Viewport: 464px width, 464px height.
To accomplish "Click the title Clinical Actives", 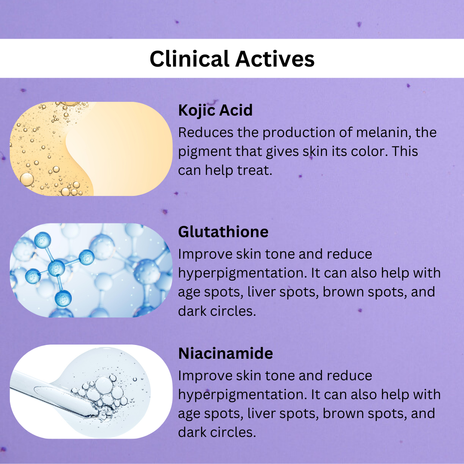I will [232, 59].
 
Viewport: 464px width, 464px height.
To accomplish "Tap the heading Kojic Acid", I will [215, 110].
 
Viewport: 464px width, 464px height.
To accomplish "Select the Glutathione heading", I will [223, 232].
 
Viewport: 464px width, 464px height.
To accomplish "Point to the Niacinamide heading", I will [226, 354].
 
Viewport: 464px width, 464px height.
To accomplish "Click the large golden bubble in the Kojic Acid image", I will [27, 180].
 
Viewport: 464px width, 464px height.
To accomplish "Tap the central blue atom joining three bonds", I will [56, 268].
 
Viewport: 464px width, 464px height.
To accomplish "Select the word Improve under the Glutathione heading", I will [205, 254].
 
